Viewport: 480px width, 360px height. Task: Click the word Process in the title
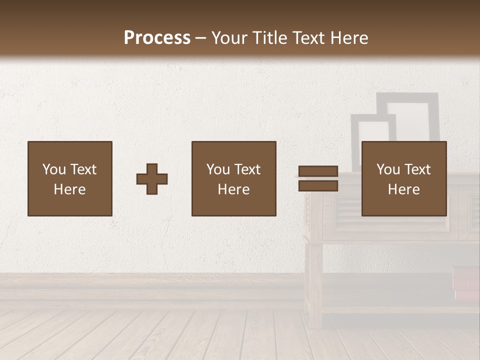click(x=157, y=38)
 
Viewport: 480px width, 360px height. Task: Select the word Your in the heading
click(x=229, y=38)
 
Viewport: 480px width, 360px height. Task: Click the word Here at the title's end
click(x=348, y=38)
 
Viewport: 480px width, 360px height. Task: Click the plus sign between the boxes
click(x=152, y=179)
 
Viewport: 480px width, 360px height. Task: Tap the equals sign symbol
click(x=318, y=178)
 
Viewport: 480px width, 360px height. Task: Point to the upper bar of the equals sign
click(x=318, y=171)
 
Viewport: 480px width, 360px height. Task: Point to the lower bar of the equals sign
click(x=318, y=185)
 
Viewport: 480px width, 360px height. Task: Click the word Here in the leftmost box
click(x=70, y=189)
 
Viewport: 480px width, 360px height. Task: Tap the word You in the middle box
click(x=218, y=169)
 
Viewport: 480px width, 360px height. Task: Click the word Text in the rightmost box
click(x=417, y=169)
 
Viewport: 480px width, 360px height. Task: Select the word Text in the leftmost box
click(x=83, y=169)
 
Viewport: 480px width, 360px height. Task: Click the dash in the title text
click(x=201, y=38)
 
